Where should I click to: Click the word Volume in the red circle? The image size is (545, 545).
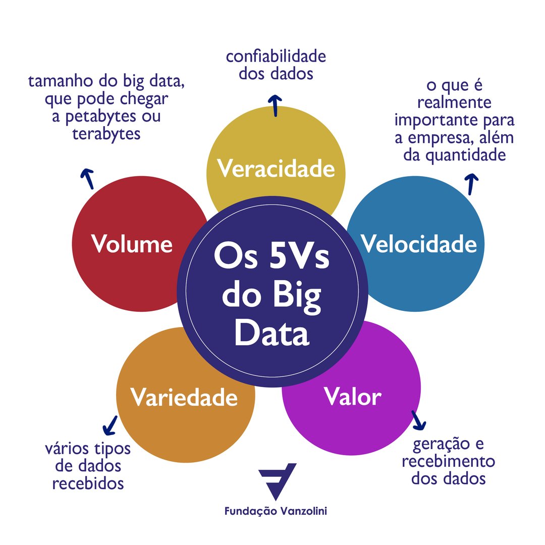132,244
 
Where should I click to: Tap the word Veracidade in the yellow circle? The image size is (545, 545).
276,169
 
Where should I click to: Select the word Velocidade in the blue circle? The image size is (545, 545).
419,244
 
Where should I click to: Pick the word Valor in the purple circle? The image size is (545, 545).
352,397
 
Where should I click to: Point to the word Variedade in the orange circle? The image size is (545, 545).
184,397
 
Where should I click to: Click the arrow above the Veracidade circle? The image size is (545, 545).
275,104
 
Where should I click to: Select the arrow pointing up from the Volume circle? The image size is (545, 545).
88,179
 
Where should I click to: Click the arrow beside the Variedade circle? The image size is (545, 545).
110,425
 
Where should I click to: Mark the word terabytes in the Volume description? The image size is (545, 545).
106,134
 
